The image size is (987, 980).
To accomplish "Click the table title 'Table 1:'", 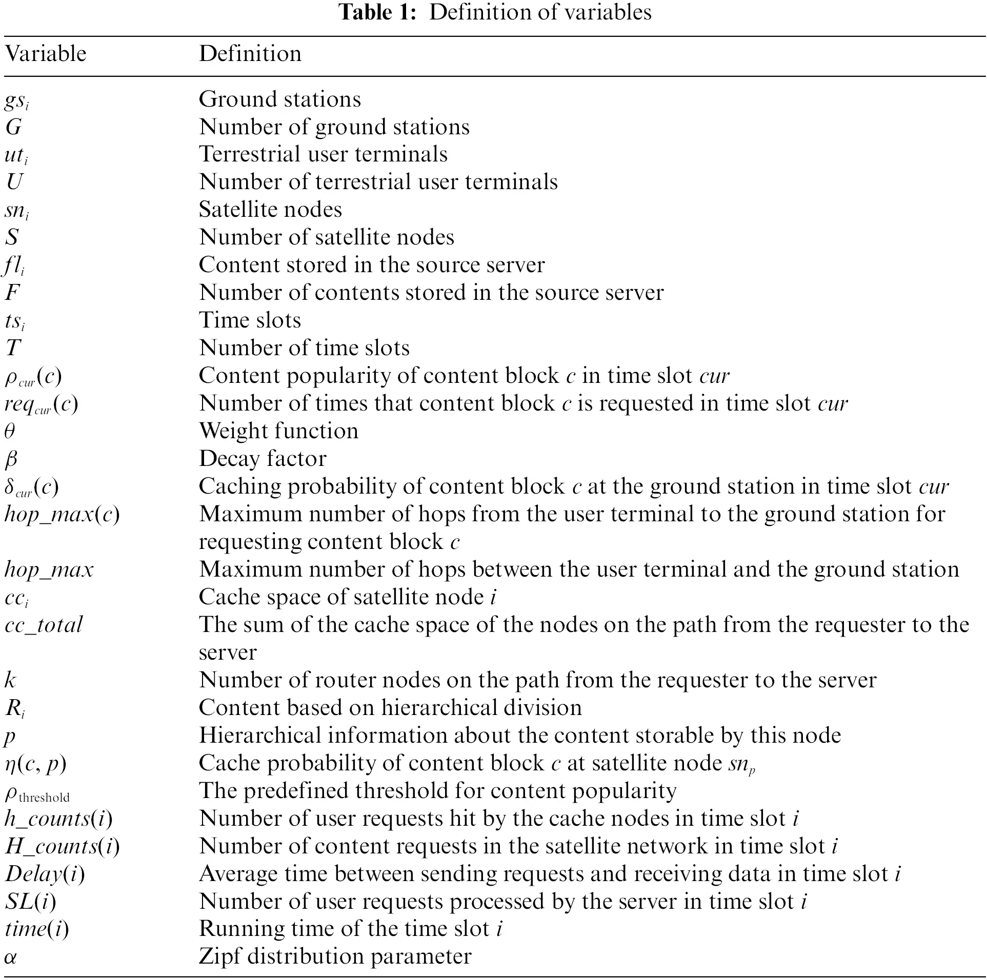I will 377,12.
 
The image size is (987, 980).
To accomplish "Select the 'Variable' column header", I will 46,54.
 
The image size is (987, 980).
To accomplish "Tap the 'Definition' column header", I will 250,54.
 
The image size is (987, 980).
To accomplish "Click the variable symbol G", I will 13,127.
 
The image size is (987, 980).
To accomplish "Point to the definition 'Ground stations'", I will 280,99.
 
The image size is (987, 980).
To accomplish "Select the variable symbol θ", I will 10,431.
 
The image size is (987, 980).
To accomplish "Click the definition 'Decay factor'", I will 263,459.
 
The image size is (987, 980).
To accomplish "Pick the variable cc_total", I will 44,625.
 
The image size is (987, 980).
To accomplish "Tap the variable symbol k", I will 10,680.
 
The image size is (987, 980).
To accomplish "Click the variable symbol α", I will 10,957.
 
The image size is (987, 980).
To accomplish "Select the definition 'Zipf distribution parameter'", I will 335,957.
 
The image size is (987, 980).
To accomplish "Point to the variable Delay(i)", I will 45,874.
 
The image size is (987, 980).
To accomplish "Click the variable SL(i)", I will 30,902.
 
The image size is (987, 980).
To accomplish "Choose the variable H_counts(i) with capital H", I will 62,846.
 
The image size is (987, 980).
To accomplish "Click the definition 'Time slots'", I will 250,320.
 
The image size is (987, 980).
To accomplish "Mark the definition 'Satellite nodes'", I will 270,210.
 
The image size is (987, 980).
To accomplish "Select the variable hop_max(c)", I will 62,514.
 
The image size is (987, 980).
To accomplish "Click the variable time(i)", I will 36,929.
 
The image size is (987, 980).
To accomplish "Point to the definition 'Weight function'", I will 278,431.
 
